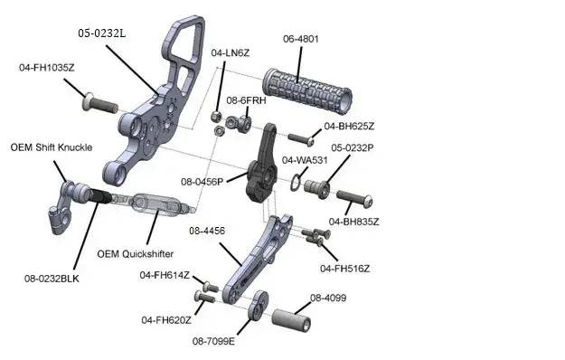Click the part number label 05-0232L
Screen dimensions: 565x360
coord(102,33)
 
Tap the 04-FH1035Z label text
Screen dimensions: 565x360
coord(47,68)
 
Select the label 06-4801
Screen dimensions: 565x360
coord(301,39)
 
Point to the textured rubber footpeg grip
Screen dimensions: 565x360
coord(307,90)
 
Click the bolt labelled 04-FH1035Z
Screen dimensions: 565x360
coord(100,103)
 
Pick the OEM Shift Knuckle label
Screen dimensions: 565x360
coord(52,147)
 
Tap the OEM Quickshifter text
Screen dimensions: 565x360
coord(135,254)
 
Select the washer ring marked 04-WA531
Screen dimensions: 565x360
coord(295,183)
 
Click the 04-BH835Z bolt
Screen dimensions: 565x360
coord(354,199)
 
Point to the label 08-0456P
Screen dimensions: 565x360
coord(202,182)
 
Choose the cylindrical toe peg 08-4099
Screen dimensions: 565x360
coord(291,320)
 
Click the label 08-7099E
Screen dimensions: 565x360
coord(213,341)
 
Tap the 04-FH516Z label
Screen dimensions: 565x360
coord(344,269)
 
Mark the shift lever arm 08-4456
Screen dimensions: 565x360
coord(257,259)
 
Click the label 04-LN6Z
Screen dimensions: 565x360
coord(231,53)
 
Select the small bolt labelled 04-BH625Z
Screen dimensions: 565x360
coord(301,139)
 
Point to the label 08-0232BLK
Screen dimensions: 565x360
coord(52,279)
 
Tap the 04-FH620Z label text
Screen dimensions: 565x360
coord(166,320)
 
